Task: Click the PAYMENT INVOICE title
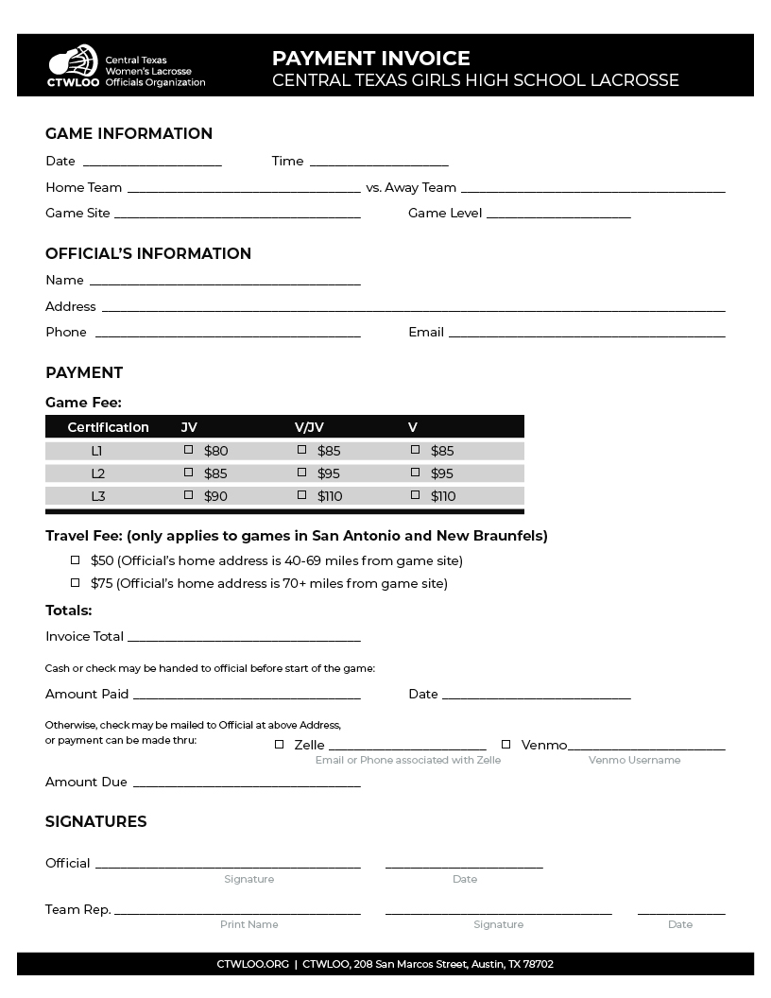370,59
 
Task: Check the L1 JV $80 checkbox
188,450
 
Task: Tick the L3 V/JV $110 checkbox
301,494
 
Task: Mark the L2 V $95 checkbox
415,472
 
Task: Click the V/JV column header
309,427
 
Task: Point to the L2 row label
98,473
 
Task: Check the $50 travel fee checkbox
76,560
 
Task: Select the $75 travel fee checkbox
76,583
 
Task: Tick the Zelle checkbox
279,745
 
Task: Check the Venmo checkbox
505,745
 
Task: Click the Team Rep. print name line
237,912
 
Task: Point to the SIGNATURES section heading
96,821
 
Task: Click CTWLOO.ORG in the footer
252,964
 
